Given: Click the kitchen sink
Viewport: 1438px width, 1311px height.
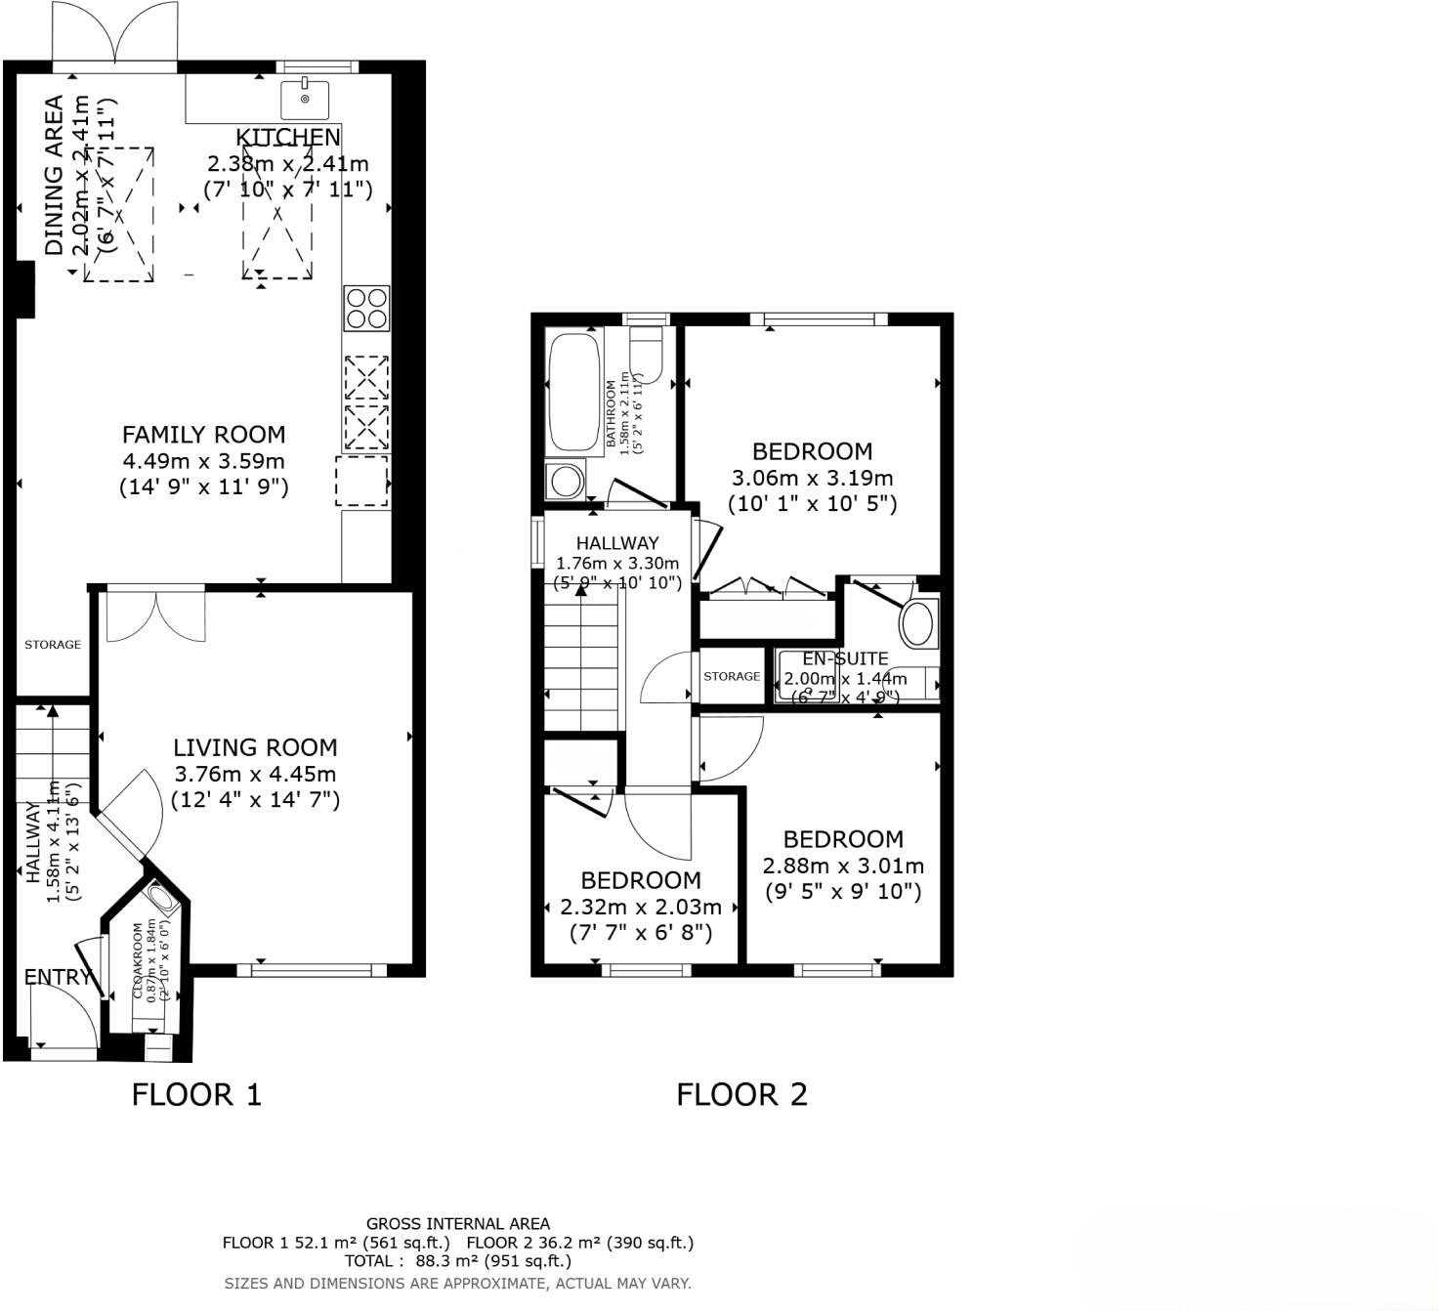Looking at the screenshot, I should [x=305, y=99].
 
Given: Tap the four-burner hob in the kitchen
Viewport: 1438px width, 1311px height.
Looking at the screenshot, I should [x=366, y=308].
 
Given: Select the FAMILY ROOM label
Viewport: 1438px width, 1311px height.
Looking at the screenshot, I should [x=203, y=435].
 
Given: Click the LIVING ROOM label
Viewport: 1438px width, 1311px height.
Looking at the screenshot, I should [x=255, y=747].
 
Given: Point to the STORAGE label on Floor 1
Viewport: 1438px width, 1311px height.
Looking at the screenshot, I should [x=53, y=645].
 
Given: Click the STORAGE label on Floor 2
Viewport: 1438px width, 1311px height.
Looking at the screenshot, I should [x=732, y=676].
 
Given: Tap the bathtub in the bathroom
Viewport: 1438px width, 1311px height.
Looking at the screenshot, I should [x=573, y=390].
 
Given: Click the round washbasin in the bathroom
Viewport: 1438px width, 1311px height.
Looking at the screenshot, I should [x=565, y=481].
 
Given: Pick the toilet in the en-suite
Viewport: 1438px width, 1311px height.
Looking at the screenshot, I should [x=917, y=622].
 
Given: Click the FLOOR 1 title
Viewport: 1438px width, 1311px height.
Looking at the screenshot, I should [x=196, y=1094].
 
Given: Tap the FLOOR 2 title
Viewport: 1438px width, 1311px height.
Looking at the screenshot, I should [x=741, y=1094].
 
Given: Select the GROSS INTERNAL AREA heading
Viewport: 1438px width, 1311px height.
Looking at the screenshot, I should [x=457, y=1223].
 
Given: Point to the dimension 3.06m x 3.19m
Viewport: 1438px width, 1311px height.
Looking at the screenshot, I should [x=812, y=478].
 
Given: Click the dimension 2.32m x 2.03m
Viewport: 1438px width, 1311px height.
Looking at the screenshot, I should [x=640, y=907].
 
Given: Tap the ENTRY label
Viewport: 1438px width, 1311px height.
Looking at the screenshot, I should [x=58, y=977].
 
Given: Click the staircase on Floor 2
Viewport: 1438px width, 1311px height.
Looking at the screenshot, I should [x=582, y=664].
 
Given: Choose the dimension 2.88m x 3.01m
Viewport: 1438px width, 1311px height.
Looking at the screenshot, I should [x=842, y=866].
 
